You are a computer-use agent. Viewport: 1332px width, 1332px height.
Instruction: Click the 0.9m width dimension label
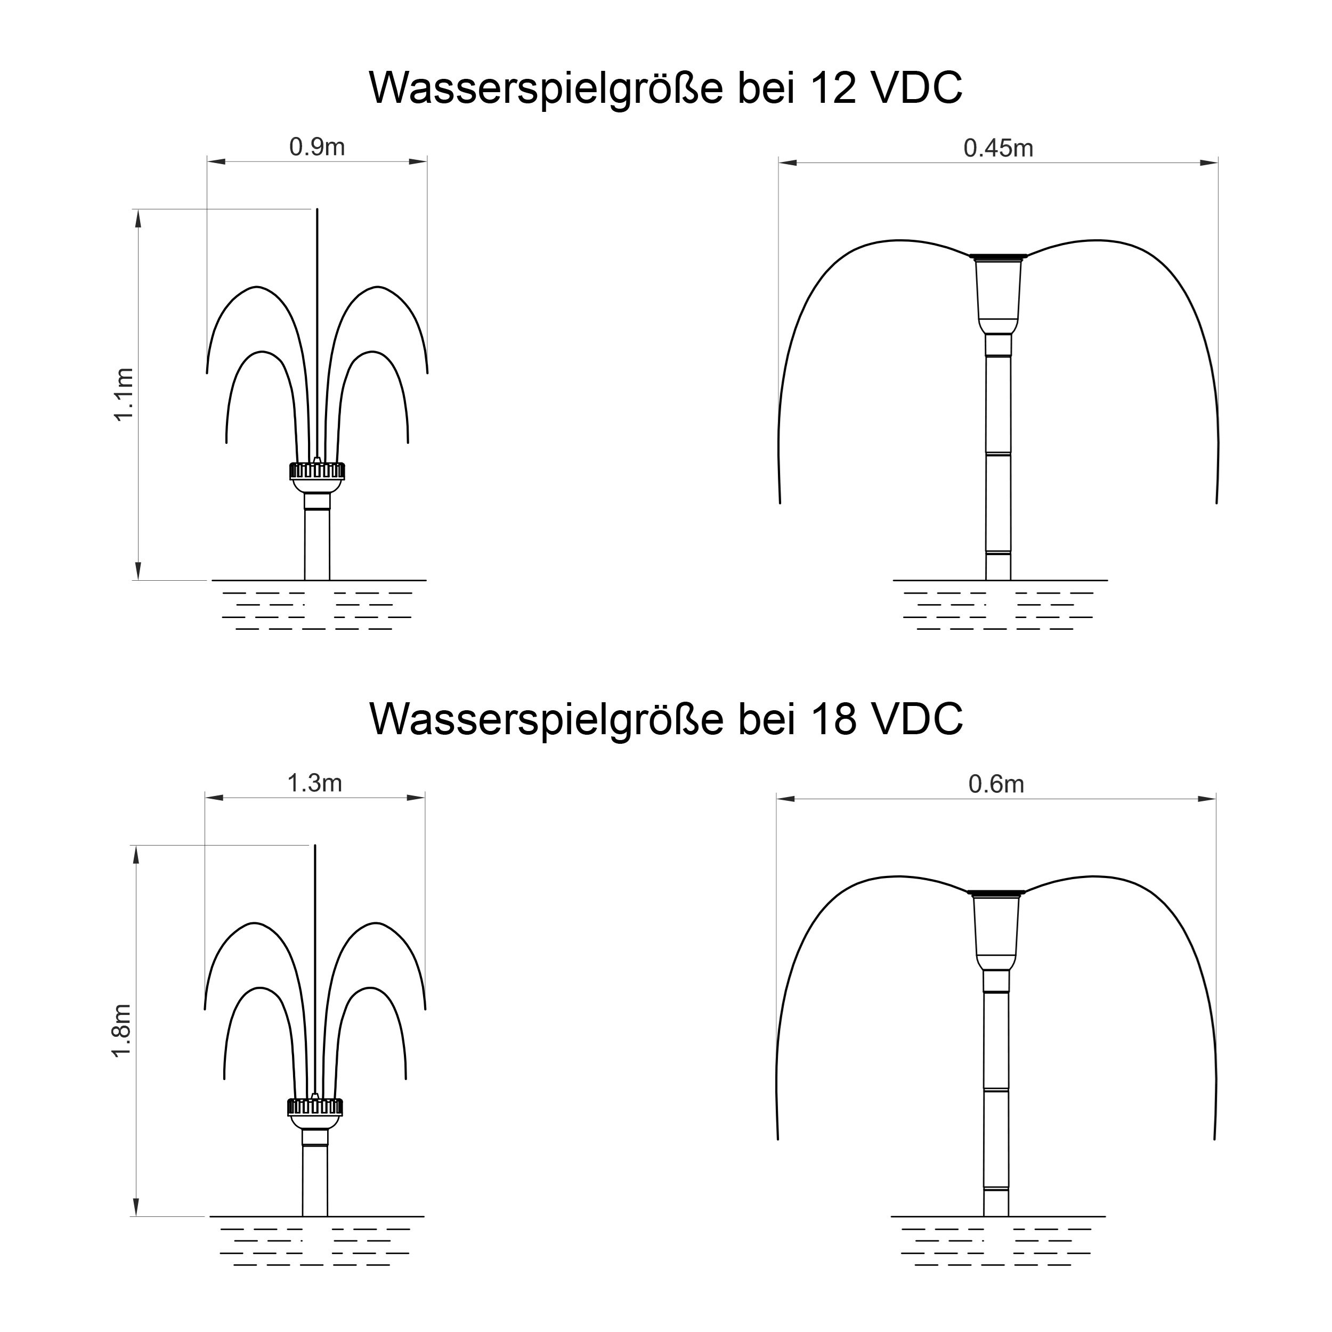pos(316,147)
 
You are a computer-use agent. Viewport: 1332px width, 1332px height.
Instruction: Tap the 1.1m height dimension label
pos(124,394)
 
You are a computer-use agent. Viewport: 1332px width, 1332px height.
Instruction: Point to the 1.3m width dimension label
pos(314,783)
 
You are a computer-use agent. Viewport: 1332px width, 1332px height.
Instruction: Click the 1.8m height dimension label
pos(121,1031)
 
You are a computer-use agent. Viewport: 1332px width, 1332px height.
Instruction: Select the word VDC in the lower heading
pos(917,719)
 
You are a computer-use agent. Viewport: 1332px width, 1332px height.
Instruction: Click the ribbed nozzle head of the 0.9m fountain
pos(316,471)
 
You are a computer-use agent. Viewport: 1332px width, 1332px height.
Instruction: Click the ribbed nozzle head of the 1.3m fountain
pos(314,1107)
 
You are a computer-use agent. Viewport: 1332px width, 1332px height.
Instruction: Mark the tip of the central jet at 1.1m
pos(317,209)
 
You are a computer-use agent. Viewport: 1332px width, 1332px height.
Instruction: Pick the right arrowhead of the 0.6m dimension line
pos(1207,799)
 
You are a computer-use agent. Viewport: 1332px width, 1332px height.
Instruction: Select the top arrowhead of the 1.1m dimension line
pos(138,218)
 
